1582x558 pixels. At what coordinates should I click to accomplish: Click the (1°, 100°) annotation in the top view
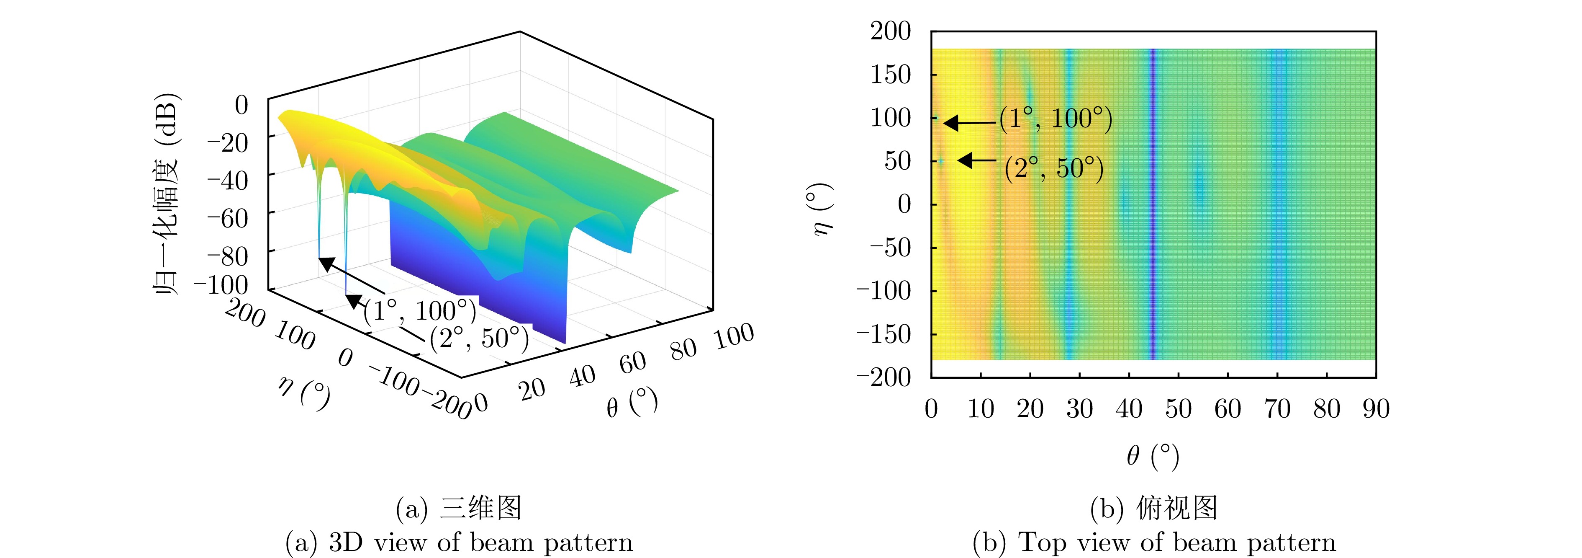click(1056, 119)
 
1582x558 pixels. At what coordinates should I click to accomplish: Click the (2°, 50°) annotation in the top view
click(1054, 168)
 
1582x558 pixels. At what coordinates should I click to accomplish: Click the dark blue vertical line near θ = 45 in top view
click(1153, 203)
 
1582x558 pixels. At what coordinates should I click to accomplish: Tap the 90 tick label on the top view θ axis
click(1376, 409)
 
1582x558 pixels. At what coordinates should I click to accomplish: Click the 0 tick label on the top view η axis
click(904, 204)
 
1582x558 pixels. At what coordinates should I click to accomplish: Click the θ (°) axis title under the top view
click(1153, 456)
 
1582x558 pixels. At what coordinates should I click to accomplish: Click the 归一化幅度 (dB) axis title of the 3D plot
click(166, 194)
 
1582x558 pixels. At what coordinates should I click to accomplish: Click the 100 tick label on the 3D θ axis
click(734, 336)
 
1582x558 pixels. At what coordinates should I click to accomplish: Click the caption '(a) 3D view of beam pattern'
click(459, 542)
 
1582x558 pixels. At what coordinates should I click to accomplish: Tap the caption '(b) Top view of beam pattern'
click(1154, 542)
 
